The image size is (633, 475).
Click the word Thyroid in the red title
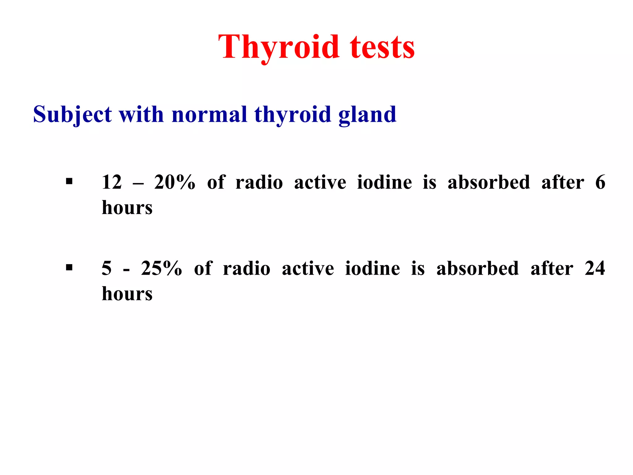tap(278, 47)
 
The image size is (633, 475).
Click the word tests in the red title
tap(382, 47)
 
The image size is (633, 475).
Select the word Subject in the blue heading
tap(72, 114)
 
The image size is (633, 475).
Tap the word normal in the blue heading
tap(209, 114)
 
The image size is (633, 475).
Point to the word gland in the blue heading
tap(367, 114)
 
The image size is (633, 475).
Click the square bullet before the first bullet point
tap(69, 181)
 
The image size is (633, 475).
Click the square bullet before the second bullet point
tap(69, 267)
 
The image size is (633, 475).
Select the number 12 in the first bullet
tap(112, 182)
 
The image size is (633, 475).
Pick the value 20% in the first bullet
tap(175, 182)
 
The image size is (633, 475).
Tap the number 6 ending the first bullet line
tap(600, 182)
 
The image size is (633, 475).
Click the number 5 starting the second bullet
tap(107, 268)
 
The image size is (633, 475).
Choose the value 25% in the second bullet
tap(161, 268)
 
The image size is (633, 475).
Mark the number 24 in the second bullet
tap(595, 268)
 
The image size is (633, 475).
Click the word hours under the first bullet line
tap(127, 208)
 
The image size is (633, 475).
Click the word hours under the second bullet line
tap(127, 293)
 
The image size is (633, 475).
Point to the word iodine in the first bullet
tap(384, 182)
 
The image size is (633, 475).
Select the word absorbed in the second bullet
tap(478, 268)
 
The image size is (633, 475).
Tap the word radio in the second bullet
tap(246, 268)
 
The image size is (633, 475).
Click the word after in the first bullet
tap(563, 182)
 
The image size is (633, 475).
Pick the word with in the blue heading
tap(141, 114)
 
